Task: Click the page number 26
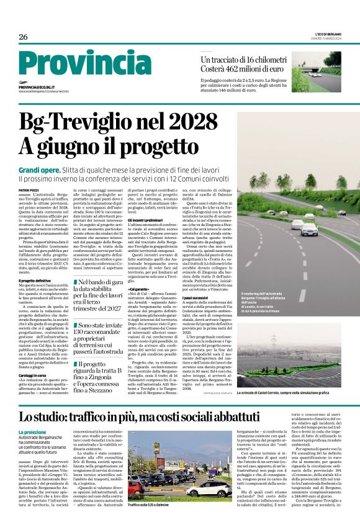[23, 37]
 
